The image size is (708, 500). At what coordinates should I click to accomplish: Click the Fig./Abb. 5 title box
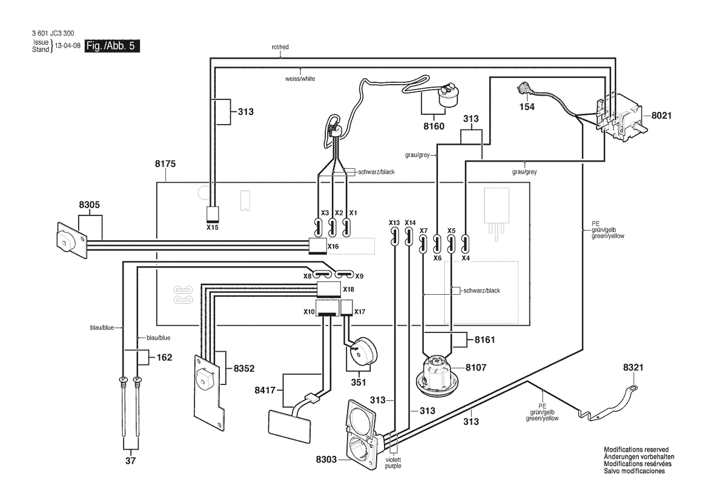pos(113,46)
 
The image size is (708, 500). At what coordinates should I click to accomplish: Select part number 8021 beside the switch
pos(661,116)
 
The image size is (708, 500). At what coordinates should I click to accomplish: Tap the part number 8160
pos(434,127)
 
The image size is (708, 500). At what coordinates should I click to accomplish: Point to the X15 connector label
pos(212,228)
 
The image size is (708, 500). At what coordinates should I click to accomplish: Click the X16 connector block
pos(318,246)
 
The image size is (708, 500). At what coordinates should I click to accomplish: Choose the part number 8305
pos(90,205)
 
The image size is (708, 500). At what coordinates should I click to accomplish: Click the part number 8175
pos(165,164)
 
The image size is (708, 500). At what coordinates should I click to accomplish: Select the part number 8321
pos(633,368)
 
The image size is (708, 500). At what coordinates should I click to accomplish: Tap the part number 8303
pos(326,459)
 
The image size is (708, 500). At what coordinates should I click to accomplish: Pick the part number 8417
pos(265,390)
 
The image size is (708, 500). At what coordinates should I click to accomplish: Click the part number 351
pos(359,382)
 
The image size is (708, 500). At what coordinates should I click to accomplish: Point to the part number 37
pos(130,461)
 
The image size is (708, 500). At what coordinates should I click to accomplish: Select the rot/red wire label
pos(280,47)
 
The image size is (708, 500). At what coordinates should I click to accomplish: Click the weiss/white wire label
pos(300,79)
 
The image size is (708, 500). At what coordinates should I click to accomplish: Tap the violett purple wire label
pos(393,462)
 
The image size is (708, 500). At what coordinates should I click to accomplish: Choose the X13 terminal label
pos(394,223)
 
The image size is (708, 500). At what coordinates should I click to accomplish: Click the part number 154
pos(527,107)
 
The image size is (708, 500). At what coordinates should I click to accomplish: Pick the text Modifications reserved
pos(636,450)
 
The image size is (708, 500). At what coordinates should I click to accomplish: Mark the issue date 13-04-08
pos(68,46)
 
